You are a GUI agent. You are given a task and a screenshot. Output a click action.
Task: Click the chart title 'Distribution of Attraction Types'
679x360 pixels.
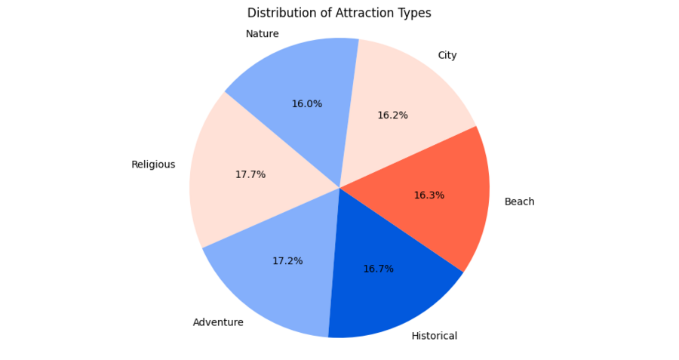click(339, 13)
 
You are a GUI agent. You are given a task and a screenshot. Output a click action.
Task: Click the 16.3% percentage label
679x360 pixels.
click(429, 195)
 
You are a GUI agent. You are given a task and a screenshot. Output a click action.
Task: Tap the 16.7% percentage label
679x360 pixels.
click(378, 269)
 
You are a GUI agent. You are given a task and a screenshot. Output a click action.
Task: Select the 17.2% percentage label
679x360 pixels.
click(287, 261)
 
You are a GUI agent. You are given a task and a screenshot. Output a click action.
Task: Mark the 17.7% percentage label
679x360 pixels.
click(250, 174)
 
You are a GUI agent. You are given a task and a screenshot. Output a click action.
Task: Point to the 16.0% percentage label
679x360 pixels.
click(306, 104)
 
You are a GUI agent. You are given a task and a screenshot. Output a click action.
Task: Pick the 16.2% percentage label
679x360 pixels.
click(392, 115)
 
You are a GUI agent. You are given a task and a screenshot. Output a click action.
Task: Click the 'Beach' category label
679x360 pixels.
click(519, 202)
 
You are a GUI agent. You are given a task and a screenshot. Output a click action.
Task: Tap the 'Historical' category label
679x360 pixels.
click(435, 336)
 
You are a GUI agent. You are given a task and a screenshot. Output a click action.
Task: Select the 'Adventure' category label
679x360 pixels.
click(218, 322)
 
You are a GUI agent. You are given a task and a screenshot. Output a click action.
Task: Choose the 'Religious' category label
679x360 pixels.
click(153, 165)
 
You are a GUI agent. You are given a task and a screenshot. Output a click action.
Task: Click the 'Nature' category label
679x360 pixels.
click(262, 34)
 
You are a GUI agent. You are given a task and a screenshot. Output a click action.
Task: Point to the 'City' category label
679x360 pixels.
click(447, 55)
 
